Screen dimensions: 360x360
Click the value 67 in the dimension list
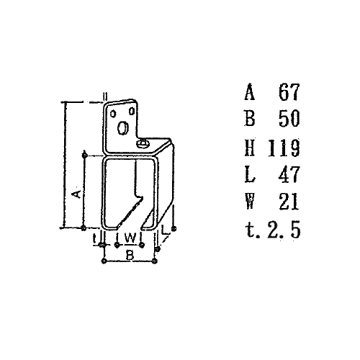tap(289, 91)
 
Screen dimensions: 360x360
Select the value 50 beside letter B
tap(289, 118)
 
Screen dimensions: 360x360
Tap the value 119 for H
tap(284, 148)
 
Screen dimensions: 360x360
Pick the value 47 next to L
tap(289, 174)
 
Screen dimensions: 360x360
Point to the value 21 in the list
tap(289, 202)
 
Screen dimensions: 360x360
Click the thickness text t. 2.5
tap(273, 230)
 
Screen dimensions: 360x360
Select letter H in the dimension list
tap(250, 148)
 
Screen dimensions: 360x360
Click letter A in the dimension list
tap(250, 91)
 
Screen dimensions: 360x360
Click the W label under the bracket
tap(130, 238)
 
